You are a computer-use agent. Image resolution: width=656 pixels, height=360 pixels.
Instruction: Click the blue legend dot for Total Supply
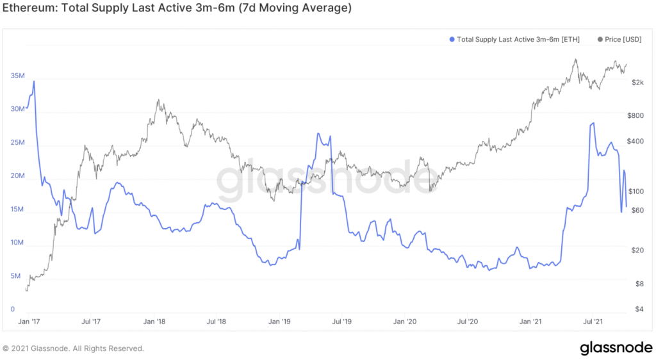452,40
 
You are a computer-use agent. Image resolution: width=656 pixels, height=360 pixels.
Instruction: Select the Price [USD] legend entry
619,40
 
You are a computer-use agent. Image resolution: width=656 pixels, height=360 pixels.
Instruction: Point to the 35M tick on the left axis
17,76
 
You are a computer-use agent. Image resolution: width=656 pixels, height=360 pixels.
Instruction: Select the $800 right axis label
636,116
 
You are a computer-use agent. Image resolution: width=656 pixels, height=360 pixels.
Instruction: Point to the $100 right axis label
636,192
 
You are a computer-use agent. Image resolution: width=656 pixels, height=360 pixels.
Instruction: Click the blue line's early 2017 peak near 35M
33,81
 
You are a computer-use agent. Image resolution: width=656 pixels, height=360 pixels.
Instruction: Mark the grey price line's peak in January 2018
158,100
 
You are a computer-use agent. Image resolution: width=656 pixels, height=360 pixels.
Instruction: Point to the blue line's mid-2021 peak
593,123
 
